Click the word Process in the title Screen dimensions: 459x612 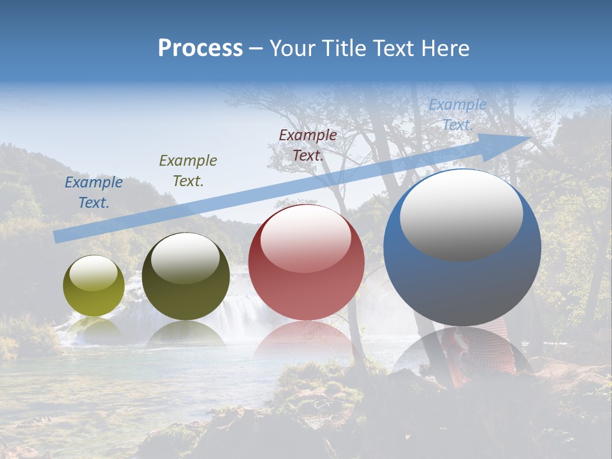[x=200, y=48]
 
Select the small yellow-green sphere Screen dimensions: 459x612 [x=94, y=286]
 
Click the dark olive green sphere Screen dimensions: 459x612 [x=186, y=276]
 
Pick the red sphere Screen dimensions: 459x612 [x=306, y=263]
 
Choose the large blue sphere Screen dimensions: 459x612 [x=462, y=247]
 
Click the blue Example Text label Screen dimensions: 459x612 [x=94, y=193]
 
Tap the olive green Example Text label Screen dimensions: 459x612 [x=188, y=170]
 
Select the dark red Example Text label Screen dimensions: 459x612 [x=308, y=145]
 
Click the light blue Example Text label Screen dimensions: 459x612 [x=458, y=115]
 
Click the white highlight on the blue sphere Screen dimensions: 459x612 [x=462, y=214]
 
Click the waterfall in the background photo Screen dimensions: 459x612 [x=245, y=306]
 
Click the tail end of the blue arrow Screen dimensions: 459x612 [x=59, y=237]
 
